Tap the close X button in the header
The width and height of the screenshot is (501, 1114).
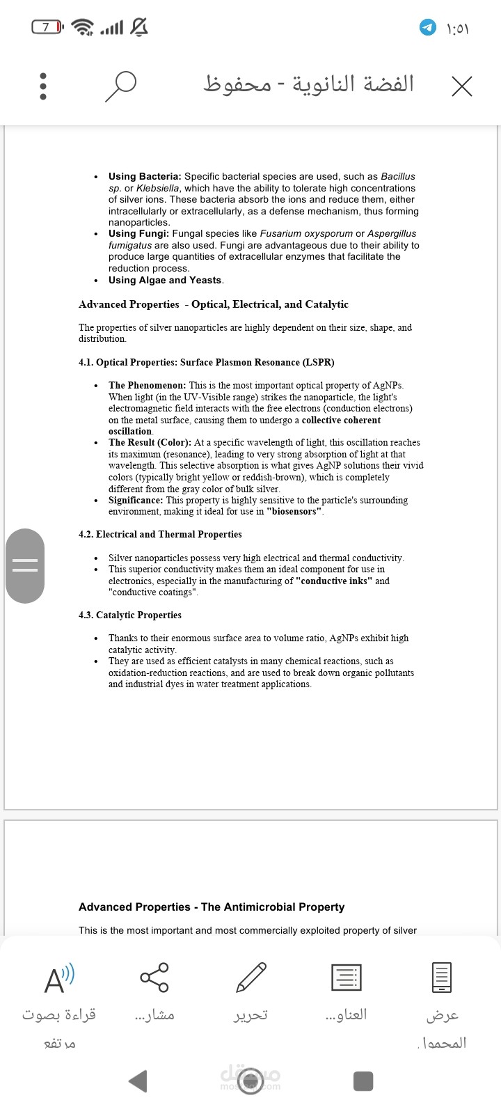461,86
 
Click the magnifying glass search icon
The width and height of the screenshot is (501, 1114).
120,86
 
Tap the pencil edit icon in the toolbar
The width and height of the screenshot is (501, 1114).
250,977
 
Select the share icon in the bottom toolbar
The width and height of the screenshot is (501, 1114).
154,977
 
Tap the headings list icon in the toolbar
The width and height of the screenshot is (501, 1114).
346,977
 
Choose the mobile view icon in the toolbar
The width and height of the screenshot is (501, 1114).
442,977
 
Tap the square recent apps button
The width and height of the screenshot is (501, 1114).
363,1081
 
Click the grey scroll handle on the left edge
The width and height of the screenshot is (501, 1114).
25,565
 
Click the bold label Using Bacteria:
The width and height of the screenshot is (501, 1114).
145,177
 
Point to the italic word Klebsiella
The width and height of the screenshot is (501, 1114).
159,188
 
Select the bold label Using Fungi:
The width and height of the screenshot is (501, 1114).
138,234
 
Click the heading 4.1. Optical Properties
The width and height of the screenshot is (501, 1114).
206,362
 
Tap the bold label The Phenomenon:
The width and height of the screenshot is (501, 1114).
147,385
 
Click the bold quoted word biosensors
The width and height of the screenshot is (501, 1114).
294,512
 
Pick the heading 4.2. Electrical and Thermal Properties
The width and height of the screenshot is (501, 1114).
160,535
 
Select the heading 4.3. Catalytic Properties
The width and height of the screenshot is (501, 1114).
129,615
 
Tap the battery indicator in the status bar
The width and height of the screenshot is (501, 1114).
47,27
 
